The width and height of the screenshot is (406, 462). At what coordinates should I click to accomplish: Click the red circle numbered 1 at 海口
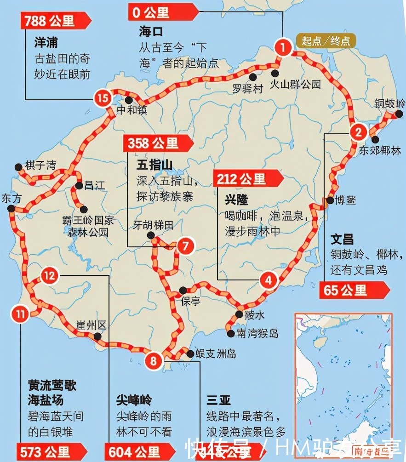[283, 46]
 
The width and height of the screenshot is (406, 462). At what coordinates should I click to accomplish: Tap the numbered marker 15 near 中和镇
[103, 97]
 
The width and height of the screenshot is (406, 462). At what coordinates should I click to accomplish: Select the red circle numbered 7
[185, 246]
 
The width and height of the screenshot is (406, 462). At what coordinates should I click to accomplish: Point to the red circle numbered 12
[50, 276]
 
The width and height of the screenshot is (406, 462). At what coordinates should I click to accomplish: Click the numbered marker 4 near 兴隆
[269, 279]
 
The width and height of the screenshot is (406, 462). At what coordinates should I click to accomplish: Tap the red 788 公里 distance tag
[54, 21]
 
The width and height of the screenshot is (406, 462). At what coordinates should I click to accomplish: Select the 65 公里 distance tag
[352, 291]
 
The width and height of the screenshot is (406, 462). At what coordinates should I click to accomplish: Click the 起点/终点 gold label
[326, 41]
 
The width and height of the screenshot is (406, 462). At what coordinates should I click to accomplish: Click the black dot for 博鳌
[331, 200]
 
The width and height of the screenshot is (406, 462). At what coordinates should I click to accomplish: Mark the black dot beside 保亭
[183, 290]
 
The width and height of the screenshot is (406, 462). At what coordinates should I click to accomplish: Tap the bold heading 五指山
[154, 165]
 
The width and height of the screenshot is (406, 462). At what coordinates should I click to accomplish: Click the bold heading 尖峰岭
[134, 400]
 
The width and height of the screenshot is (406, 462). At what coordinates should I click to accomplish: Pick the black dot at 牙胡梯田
[151, 236]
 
